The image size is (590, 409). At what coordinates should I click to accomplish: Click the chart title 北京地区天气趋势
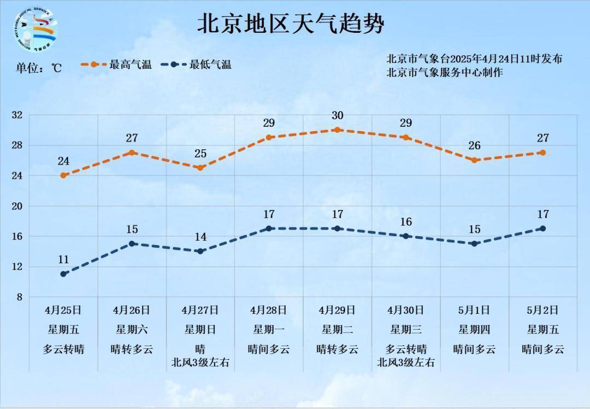coord(290,24)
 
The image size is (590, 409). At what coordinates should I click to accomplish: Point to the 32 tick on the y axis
coord(17,115)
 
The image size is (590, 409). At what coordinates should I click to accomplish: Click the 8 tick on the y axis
coord(20,297)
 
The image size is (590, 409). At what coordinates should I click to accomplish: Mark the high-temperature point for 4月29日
coord(337,130)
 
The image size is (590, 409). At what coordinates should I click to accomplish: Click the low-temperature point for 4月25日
coord(63,273)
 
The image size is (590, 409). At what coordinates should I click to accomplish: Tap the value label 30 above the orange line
coord(337,115)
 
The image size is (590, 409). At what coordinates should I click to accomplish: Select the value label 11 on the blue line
coord(63,259)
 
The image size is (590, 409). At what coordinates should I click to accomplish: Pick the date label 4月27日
coord(200,310)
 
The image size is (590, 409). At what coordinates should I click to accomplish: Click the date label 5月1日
coord(474,310)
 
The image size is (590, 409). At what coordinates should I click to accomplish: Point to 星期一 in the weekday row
coord(268,330)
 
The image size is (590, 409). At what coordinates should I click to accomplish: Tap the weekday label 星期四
coord(474,330)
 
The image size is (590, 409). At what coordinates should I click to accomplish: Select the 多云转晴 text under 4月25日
coord(63,349)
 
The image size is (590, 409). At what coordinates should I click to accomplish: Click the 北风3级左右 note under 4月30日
coord(405,361)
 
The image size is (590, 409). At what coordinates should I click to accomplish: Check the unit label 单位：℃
coord(38,68)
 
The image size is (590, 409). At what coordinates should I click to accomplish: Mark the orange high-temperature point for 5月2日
coord(542,153)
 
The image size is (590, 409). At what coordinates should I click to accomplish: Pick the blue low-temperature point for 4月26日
coord(132,243)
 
